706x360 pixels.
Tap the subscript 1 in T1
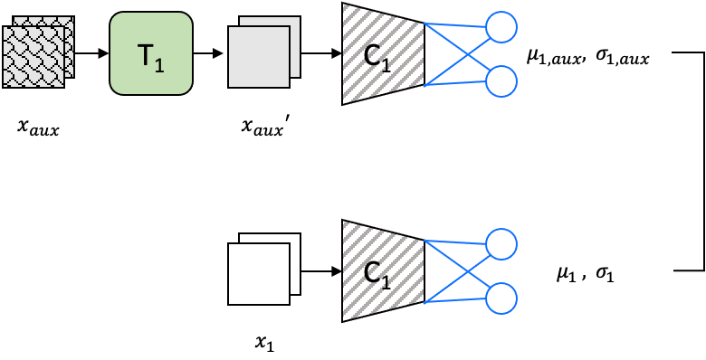pyautogui.click(x=159, y=65)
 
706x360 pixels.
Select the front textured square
pyautogui.click(x=33, y=56)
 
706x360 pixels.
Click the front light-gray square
pyautogui.click(x=258, y=57)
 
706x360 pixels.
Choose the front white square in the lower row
pyautogui.click(x=258, y=273)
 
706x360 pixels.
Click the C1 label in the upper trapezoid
pyautogui.click(x=377, y=56)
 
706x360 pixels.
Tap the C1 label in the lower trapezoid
pyautogui.click(x=377, y=273)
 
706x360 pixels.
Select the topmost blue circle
pyautogui.click(x=501, y=27)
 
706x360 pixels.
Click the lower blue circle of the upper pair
pyautogui.click(x=501, y=81)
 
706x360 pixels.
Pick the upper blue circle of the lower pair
pyautogui.click(x=501, y=244)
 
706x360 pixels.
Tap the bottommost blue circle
pyautogui.click(x=501, y=298)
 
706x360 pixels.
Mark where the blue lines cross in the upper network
pyautogui.click(x=464, y=54)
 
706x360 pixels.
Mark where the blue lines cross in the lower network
pyautogui.click(x=464, y=271)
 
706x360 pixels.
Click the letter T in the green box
pyautogui.click(x=146, y=54)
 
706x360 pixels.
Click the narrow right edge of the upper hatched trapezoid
pyautogui.click(x=424, y=54)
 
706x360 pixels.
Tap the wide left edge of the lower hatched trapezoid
pyautogui.click(x=344, y=271)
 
